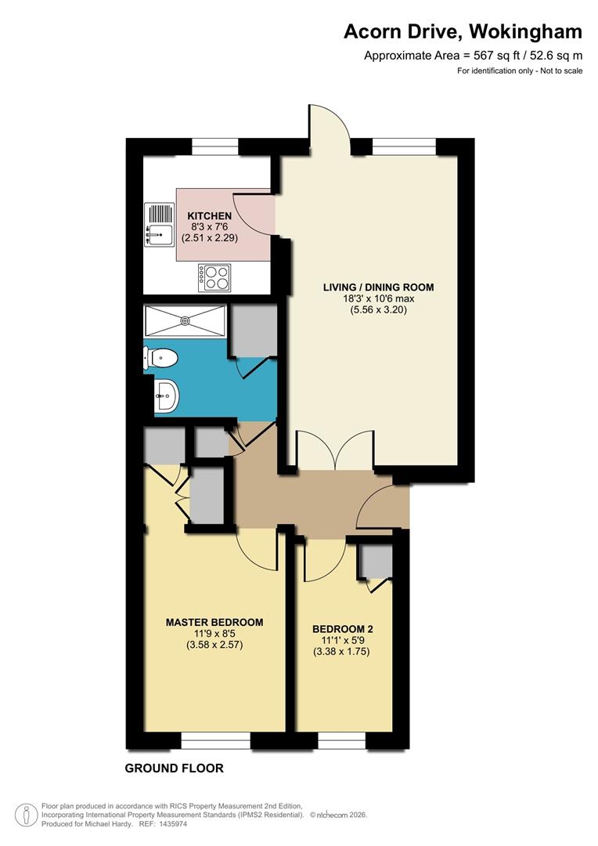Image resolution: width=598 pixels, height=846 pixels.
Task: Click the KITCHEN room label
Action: (x=209, y=215)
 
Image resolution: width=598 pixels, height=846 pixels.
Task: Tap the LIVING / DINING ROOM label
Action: (x=378, y=287)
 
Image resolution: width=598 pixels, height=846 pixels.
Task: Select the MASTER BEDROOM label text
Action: (x=214, y=622)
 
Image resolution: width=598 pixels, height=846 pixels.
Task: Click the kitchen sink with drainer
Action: (x=160, y=224)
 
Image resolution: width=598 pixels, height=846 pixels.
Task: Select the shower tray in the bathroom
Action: (x=186, y=320)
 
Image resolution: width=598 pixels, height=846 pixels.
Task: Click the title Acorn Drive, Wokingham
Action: (x=463, y=31)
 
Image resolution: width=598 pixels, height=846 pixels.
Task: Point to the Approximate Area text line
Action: (x=473, y=56)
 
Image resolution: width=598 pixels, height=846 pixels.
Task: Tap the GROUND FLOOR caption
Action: (x=174, y=768)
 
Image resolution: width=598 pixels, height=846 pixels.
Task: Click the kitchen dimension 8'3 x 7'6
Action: (x=209, y=226)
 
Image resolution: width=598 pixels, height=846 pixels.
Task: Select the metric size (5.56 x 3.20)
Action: (x=378, y=309)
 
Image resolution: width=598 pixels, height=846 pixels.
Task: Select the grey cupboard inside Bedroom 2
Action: (x=374, y=562)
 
